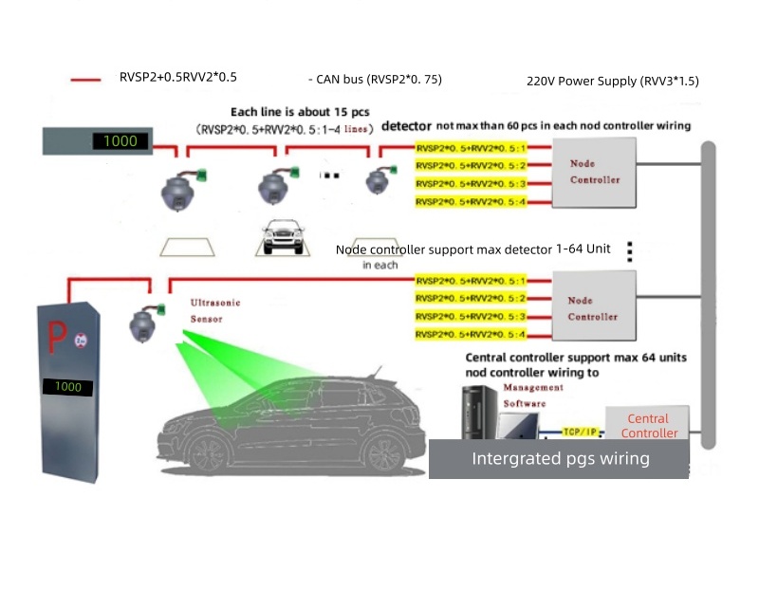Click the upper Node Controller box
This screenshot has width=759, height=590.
595,172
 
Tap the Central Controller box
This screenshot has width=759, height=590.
649,425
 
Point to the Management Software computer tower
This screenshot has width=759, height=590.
479,417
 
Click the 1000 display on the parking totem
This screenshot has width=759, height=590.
65,387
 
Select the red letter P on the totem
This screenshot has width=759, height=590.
58,334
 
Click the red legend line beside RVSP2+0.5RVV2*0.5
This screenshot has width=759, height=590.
86,80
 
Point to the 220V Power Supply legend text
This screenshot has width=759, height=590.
612,81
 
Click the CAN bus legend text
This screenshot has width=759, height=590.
376,79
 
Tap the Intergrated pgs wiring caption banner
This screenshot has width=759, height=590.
560,459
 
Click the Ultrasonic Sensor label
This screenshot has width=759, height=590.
215,310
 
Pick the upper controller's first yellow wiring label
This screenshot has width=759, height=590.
471,148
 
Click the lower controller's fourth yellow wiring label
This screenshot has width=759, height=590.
471,335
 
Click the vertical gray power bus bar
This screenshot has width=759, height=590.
707,294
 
